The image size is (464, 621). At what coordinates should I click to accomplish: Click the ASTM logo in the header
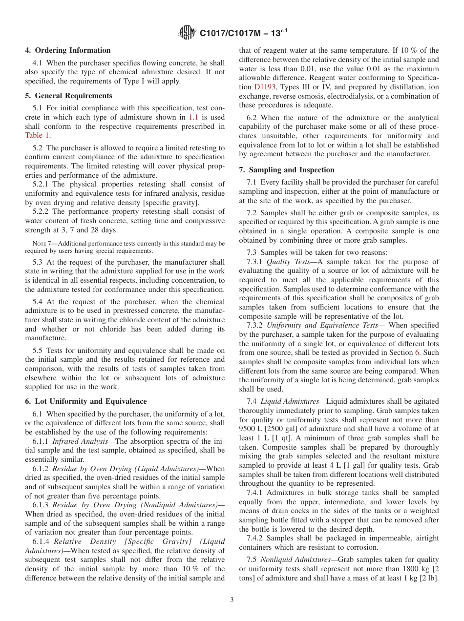(x=187, y=33)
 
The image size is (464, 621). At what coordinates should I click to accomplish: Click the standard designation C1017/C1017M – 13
(x=240, y=34)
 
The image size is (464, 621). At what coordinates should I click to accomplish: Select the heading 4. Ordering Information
(x=68, y=50)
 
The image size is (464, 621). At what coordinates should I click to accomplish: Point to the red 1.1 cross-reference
(x=194, y=117)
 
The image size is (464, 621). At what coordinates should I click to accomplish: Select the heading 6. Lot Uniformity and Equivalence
(x=86, y=401)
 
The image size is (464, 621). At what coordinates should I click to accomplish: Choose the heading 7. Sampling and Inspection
(x=287, y=170)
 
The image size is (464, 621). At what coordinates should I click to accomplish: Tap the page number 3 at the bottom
(x=232, y=600)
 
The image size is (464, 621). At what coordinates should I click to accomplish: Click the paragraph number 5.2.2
(x=41, y=211)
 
